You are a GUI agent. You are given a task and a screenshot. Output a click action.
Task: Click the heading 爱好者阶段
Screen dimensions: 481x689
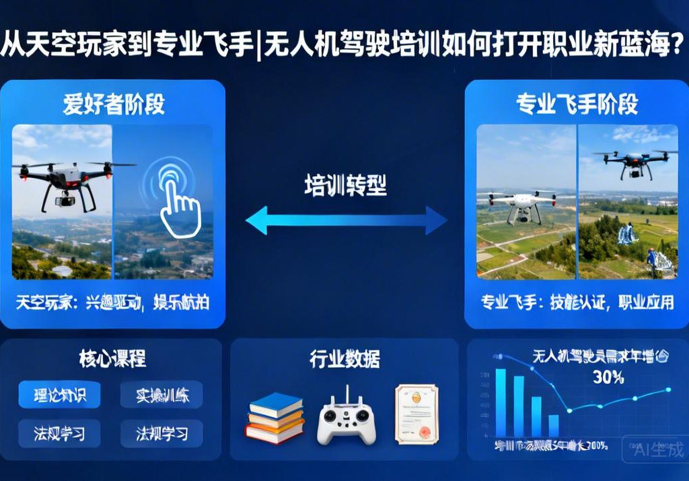pos(114,105)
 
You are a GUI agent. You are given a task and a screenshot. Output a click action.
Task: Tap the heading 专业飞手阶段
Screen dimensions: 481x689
pos(577,105)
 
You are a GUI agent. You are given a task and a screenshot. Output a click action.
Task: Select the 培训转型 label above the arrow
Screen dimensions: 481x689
pos(345,185)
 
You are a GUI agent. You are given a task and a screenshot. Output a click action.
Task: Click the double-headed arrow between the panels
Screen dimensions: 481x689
pos(346,220)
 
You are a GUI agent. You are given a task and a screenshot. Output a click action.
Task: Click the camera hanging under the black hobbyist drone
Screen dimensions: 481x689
pos(66,198)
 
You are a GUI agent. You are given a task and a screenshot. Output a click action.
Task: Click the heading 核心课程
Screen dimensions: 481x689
pos(112,358)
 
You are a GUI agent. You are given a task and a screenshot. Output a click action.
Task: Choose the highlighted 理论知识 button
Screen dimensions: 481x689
pos(59,395)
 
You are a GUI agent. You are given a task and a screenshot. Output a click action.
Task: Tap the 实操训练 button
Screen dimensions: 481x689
pos(161,395)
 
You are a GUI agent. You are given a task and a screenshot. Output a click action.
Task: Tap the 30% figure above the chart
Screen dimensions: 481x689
pos(608,377)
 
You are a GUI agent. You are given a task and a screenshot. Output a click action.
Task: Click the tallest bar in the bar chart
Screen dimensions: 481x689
pos(501,402)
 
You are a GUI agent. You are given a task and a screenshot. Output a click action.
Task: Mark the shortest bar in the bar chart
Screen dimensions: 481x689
pos(553,425)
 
